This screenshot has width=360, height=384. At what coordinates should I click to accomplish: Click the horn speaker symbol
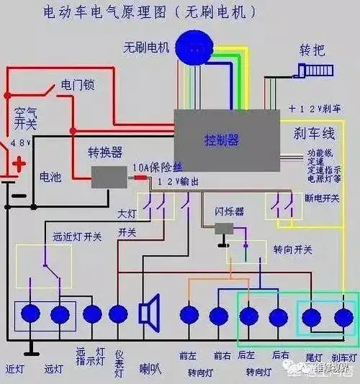point(150,314)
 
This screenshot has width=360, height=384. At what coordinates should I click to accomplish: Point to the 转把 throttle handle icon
point(312,71)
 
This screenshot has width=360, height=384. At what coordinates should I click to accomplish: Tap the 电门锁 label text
point(78,85)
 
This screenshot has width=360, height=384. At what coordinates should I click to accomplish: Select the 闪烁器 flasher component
point(225,228)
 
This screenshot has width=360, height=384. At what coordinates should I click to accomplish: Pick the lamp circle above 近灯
point(31,314)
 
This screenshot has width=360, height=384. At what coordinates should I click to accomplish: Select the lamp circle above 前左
point(189,315)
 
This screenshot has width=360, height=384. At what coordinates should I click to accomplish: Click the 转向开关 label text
point(292,249)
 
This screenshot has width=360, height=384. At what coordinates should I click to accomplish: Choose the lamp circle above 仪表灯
point(118,314)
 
